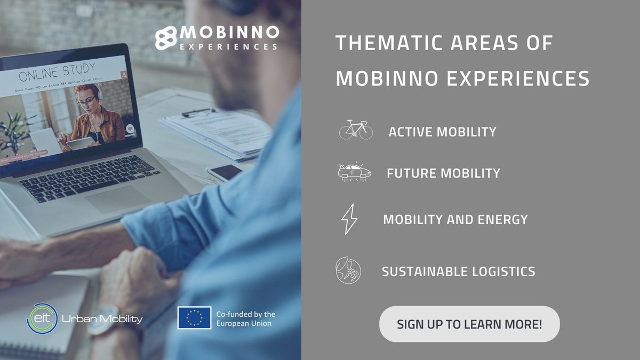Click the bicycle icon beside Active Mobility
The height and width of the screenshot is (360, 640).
[x=356, y=130]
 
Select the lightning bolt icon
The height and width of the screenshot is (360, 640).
[x=349, y=219]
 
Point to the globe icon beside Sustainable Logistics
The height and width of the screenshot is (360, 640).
[x=348, y=270]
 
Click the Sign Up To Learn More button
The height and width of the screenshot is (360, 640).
[x=469, y=324]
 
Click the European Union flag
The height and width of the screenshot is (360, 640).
[x=194, y=318]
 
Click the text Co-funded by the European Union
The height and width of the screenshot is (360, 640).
[x=245, y=318]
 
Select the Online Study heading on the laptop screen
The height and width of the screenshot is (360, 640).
[x=57, y=70]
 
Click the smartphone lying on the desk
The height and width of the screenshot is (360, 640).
[x=224, y=172]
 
